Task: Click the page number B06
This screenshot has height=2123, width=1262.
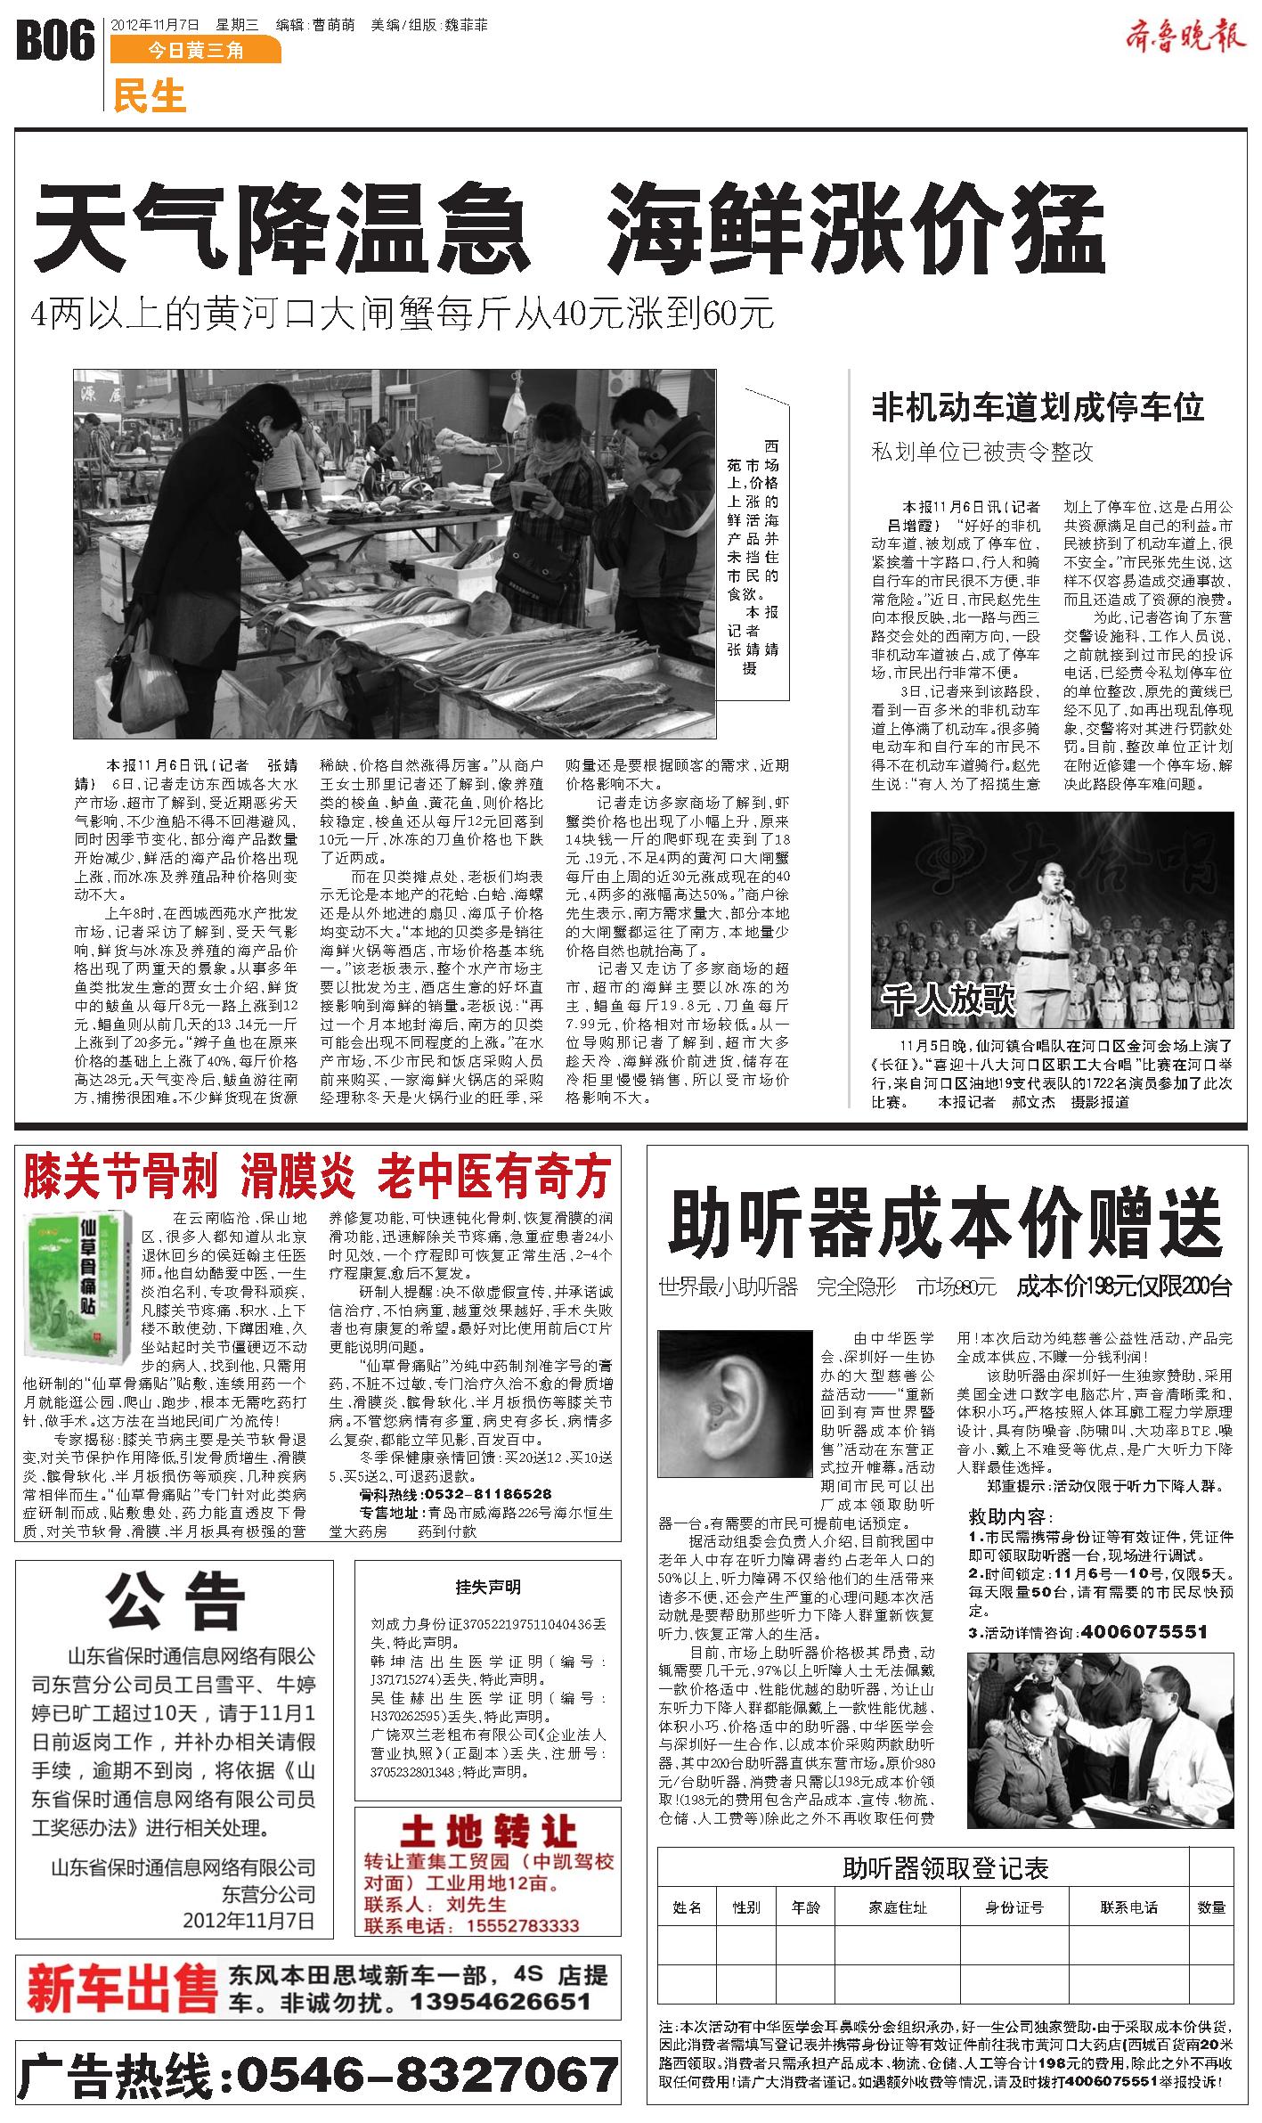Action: (55, 42)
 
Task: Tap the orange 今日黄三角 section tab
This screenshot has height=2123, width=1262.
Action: (195, 51)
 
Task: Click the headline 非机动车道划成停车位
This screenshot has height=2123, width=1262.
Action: (1038, 408)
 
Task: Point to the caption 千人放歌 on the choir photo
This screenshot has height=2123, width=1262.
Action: (949, 1000)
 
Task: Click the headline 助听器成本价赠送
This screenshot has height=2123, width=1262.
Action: (946, 1227)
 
